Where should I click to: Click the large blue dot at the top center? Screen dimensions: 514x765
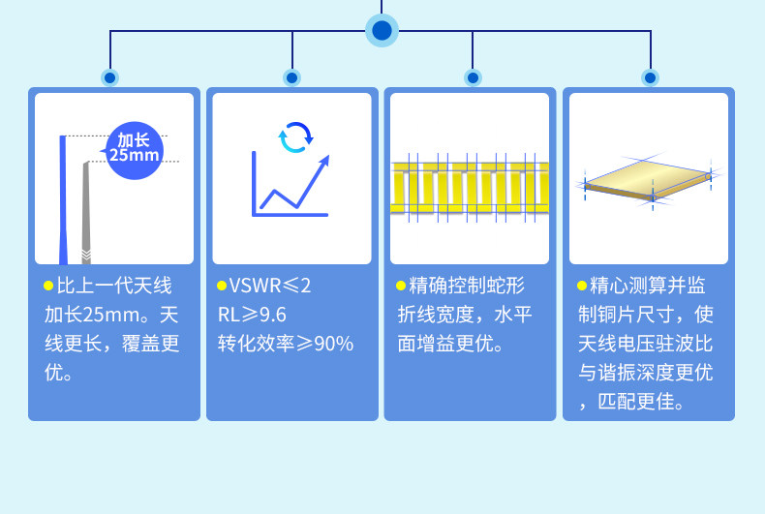pyautogui.click(x=382, y=30)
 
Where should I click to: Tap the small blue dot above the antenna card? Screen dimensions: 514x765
pyautogui.click(x=110, y=77)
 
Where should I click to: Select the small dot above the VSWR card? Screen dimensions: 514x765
pyautogui.click(x=291, y=77)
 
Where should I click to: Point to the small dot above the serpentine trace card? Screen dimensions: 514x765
pyautogui.click(x=473, y=77)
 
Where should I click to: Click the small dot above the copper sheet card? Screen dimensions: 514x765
pyautogui.click(x=650, y=77)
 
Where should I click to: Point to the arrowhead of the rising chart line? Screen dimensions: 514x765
pyautogui.click(x=323, y=161)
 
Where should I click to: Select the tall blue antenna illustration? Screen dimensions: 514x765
pyautogui.click(x=63, y=198)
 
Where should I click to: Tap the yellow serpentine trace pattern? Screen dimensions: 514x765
pyautogui.click(x=470, y=188)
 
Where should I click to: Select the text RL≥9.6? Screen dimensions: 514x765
pyautogui.click(x=252, y=315)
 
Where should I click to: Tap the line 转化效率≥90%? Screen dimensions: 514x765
pyautogui.click(x=286, y=344)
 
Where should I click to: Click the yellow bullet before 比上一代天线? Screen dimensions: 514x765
pyautogui.click(x=48, y=287)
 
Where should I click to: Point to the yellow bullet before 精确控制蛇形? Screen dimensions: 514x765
pyautogui.click(x=401, y=287)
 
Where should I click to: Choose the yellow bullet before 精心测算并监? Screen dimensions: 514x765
pyautogui.click(x=581, y=287)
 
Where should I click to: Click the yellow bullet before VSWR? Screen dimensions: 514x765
pyautogui.click(x=222, y=287)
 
